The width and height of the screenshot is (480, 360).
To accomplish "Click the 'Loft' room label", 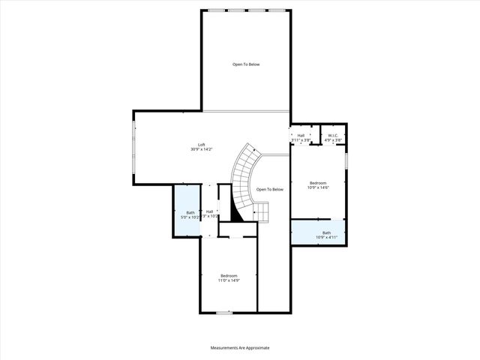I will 201,145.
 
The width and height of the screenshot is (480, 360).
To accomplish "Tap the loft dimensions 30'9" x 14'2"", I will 201,149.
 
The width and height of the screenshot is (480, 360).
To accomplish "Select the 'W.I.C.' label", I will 333,136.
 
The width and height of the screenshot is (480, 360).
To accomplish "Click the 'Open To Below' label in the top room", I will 245,64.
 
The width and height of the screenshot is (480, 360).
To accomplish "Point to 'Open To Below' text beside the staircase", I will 269,190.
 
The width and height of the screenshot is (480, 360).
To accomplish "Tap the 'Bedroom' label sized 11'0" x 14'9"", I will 229,275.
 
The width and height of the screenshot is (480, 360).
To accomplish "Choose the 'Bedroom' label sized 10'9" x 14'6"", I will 318,183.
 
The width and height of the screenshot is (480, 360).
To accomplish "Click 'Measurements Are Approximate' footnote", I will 240,348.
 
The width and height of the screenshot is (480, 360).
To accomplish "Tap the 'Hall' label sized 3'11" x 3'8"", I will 300,136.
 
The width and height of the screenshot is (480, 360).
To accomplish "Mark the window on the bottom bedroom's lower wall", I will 223,313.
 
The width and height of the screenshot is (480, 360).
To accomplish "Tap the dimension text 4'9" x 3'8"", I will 333,140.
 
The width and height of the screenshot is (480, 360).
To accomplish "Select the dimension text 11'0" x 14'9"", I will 229,280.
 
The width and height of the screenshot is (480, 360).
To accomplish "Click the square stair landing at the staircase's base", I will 260,214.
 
